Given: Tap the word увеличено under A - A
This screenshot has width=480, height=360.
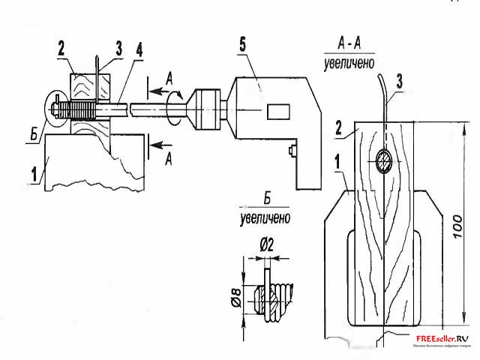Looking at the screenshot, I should point(349,64).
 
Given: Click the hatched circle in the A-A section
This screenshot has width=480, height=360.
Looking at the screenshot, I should point(383,160).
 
